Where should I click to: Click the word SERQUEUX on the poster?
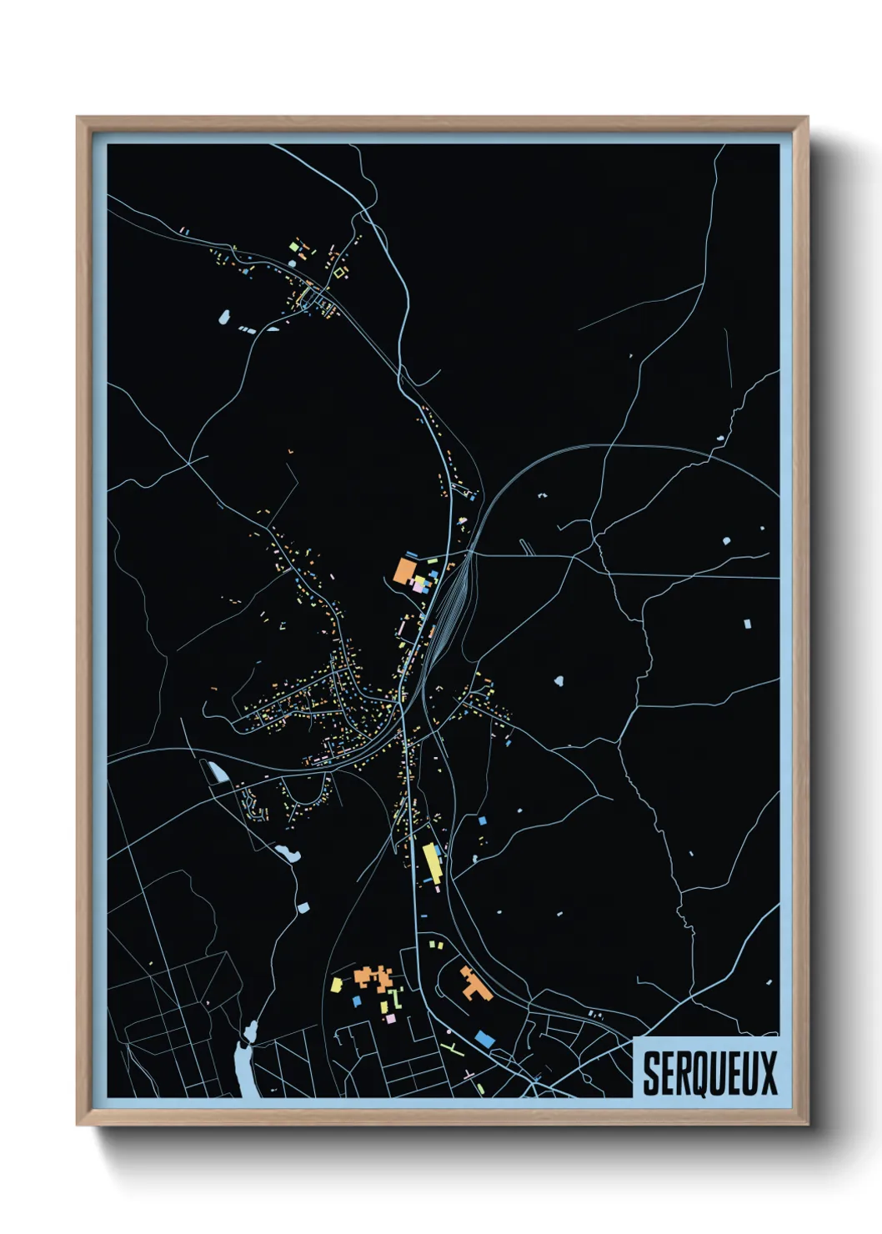(709, 1072)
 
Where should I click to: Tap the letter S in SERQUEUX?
(650, 1073)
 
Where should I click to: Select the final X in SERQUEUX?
(768, 1073)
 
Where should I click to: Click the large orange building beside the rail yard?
(405, 571)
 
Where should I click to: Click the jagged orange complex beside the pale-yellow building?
(373, 976)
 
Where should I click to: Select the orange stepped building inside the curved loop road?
(475, 984)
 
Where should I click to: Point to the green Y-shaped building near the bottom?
(449, 1046)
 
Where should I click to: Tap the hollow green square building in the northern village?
(339, 272)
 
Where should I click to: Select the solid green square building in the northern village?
(293, 247)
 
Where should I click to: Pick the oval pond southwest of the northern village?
(223, 317)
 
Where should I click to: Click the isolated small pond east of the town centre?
(558, 681)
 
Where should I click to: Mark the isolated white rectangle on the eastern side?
(747, 623)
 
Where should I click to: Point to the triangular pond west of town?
(218, 771)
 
